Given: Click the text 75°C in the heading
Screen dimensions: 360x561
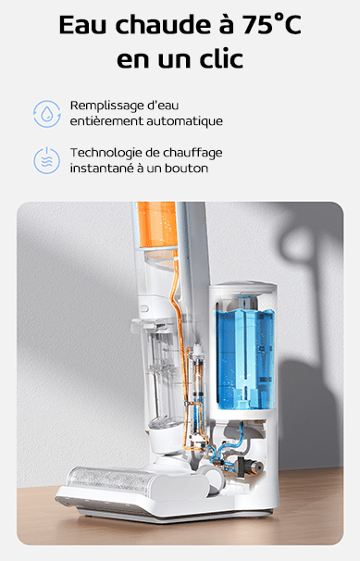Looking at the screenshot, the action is [x=272, y=24].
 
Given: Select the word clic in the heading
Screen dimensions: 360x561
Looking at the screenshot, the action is [x=221, y=58].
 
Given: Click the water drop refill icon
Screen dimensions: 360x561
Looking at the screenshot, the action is [x=47, y=114].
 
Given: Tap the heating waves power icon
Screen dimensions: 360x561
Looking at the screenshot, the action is [x=47, y=160].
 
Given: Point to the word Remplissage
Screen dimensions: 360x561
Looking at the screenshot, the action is [x=106, y=106].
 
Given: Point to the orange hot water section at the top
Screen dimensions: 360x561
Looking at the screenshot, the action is [x=157, y=224].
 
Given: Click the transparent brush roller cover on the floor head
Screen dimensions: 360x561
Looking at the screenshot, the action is [x=108, y=480].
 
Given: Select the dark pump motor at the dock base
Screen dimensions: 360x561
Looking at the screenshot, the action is [x=249, y=467].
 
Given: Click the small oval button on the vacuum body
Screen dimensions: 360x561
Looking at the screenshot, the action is [x=144, y=308].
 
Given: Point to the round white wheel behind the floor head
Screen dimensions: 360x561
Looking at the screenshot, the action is [x=214, y=478].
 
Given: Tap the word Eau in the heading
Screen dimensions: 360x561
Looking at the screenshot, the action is [x=82, y=24].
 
